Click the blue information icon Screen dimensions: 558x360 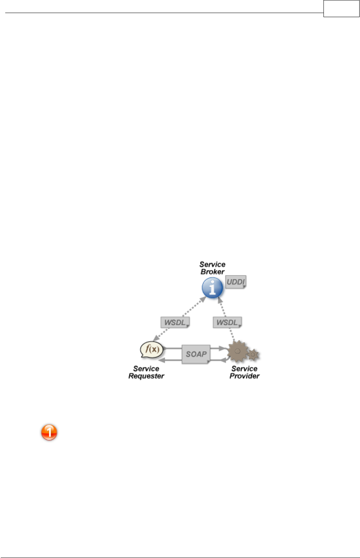[212, 288]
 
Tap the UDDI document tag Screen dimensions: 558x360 [236, 282]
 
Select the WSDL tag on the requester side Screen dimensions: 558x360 [175, 322]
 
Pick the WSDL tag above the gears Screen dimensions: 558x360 [227, 322]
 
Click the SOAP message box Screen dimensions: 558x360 [196, 354]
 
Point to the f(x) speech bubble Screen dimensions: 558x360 [152, 349]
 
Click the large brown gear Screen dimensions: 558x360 [237, 351]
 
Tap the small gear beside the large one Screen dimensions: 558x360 [253, 354]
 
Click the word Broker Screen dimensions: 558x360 [212, 272]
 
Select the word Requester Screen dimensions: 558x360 [146, 376]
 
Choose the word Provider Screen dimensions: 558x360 [244, 376]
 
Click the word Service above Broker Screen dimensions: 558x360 [212, 264]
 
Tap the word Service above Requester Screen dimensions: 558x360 [146, 369]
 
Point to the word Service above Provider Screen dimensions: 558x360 [244, 369]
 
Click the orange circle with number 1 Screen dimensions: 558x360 [49, 432]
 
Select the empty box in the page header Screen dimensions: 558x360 [341, 9]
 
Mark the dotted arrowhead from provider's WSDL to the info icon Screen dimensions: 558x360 [220, 299]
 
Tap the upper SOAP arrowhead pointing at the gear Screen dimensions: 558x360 [224, 348]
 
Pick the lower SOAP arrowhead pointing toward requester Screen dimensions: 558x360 [162, 360]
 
